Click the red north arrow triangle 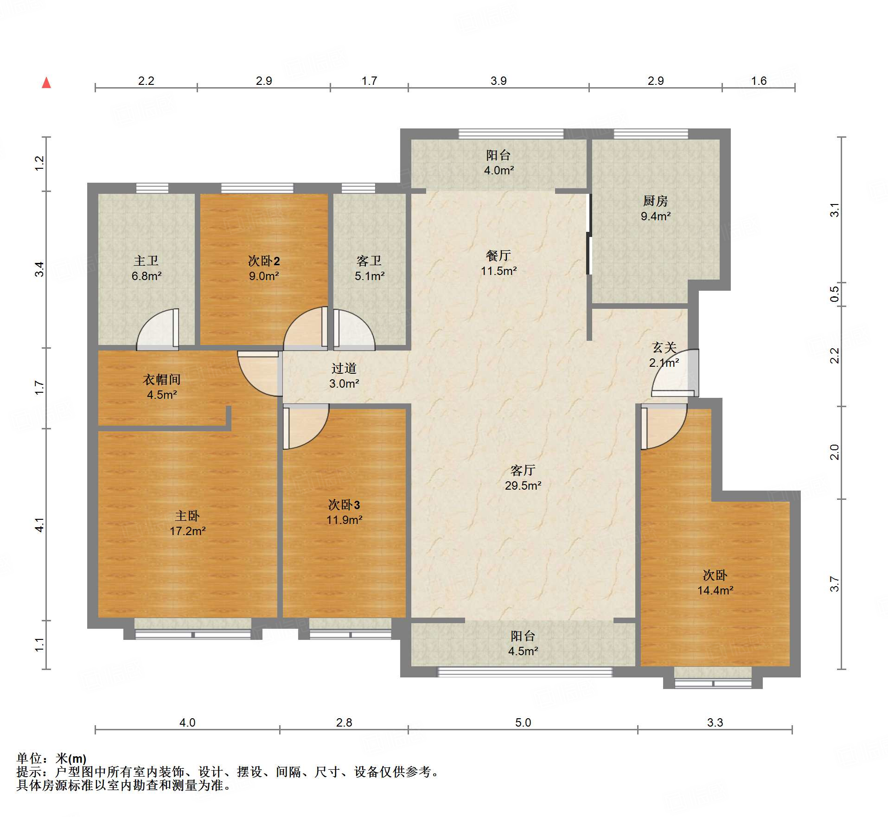[x=46, y=83]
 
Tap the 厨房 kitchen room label [x=655, y=201]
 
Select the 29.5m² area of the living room [x=523, y=485]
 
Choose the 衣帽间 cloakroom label [x=161, y=380]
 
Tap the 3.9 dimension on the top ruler [x=498, y=81]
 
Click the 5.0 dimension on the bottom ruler [x=523, y=722]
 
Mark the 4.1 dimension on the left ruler [x=40, y=524]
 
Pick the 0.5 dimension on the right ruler [x=834, y=294]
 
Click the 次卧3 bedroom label [x=344, y=504]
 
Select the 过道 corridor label [x=344, y=369]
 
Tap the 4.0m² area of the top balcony [x=498, y=170]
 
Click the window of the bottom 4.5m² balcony [x=525, y=672]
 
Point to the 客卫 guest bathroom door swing [x=353, y=329]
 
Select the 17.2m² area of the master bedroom [x=187, y=531]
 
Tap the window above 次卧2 [x=257, y=188]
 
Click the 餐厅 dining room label [x=498, y=255]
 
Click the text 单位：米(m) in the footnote [x=51, y=759]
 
